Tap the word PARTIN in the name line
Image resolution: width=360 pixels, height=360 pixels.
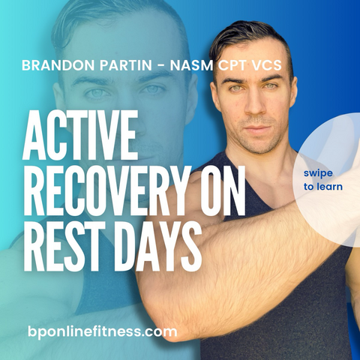pos(126,65)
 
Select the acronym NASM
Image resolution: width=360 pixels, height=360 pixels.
pos(191,65)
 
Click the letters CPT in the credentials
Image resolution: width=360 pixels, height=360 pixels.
pos(232,65)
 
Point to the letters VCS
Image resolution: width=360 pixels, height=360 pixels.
pos(267,65)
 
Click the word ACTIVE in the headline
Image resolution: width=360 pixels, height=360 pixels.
pos(80,135)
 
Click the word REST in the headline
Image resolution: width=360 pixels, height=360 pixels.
pos(67,246)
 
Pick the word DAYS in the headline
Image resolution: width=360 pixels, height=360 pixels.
pos(159,246)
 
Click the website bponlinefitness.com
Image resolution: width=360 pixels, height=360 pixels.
pos(103,332)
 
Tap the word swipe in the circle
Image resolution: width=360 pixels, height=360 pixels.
pos(318,173)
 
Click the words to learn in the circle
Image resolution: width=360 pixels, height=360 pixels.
pos(323,187)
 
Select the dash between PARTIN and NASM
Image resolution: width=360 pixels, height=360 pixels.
pos(161,66)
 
